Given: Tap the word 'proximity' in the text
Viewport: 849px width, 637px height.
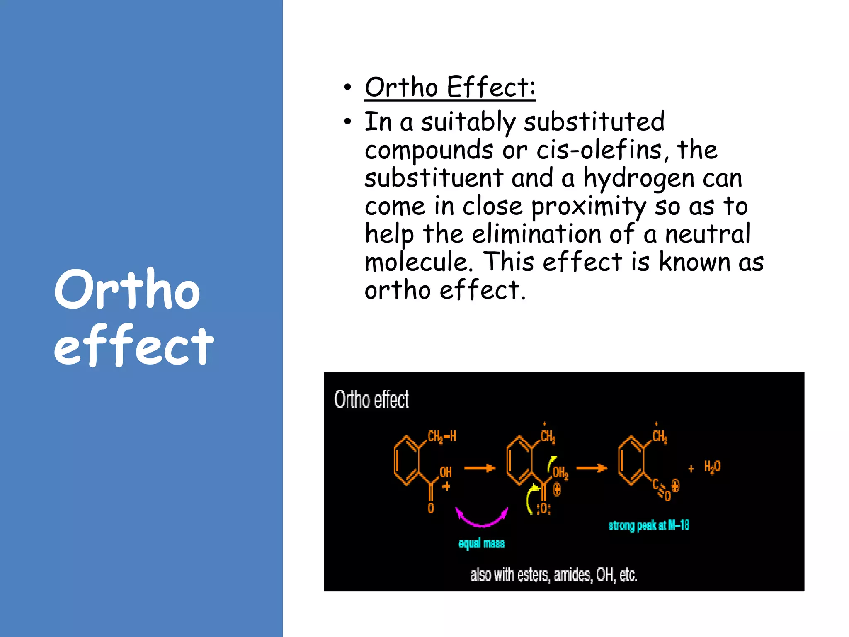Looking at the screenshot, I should click(588, 207).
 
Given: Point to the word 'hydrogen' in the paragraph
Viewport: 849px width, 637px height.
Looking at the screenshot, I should click(638, 179).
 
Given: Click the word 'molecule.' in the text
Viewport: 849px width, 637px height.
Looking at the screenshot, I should click(419, 263).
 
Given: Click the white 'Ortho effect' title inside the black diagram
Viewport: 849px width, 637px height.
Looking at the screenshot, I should click(371, 399).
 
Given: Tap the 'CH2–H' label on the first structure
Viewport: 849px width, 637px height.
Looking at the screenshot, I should click(441, 436).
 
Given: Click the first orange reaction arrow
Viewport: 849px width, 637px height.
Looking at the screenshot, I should click(480, 468).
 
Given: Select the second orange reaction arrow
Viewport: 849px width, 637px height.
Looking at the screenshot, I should click(592, 468).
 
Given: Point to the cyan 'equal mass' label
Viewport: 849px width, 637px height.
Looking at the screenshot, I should click(482, 543).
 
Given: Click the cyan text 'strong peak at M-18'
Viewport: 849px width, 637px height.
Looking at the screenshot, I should click(649, 525).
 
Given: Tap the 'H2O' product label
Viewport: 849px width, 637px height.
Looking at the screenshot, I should click(712, 467).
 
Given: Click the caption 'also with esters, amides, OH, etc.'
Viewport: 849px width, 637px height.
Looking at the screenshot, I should click(553, 575).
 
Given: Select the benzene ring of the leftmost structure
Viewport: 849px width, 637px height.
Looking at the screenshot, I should click(407, 460).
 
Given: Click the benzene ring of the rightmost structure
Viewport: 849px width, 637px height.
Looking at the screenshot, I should click(631, 460).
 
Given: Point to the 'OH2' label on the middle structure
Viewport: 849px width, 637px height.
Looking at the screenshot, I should click(560, 472).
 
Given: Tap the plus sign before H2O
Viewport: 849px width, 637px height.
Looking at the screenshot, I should click(691, 469).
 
